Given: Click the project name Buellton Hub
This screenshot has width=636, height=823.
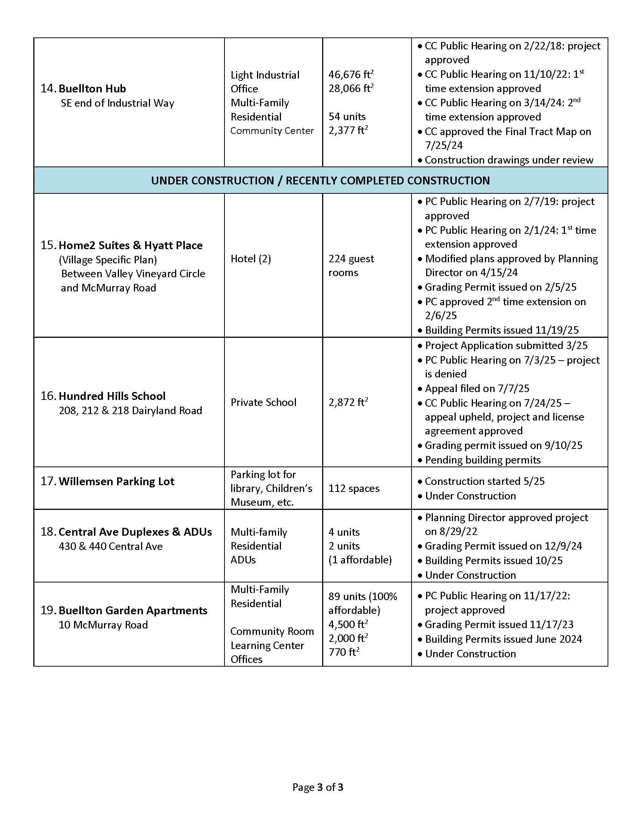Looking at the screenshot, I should click(92, 89).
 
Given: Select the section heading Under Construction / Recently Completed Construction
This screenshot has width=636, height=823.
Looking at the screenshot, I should click(320, 181).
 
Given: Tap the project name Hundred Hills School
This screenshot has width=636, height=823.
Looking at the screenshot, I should click(112, 396).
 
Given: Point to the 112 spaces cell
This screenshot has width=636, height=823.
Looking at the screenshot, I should click(354, 488).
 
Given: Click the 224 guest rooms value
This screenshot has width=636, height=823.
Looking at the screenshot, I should click(351, 266).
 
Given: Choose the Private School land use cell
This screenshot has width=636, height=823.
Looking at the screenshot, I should click(263, 403).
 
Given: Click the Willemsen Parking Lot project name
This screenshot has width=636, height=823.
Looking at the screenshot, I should click(116, 481).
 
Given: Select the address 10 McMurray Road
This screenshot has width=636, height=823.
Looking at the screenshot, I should click(103, 625).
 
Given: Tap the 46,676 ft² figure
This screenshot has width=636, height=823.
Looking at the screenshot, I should click(351, 74).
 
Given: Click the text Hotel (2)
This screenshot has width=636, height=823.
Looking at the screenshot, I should click(251, 259).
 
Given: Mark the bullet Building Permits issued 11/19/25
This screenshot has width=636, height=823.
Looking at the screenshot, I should click(501, 330).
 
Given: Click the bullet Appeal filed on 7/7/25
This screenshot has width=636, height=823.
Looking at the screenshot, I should click(477, 389).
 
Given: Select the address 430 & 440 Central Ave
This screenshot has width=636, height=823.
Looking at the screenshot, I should click(110, 547).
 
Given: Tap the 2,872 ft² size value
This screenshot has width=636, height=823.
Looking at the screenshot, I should click(348, 403).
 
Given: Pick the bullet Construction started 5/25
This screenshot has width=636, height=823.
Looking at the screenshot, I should click(484, 481).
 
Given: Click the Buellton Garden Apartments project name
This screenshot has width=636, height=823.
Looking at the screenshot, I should click(133, 611).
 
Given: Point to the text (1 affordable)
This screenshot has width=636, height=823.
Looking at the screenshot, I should click(360, 560).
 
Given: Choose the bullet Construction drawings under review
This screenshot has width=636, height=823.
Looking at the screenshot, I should click(509, 160).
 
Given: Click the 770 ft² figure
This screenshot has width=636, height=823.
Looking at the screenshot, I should click(343, 652).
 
